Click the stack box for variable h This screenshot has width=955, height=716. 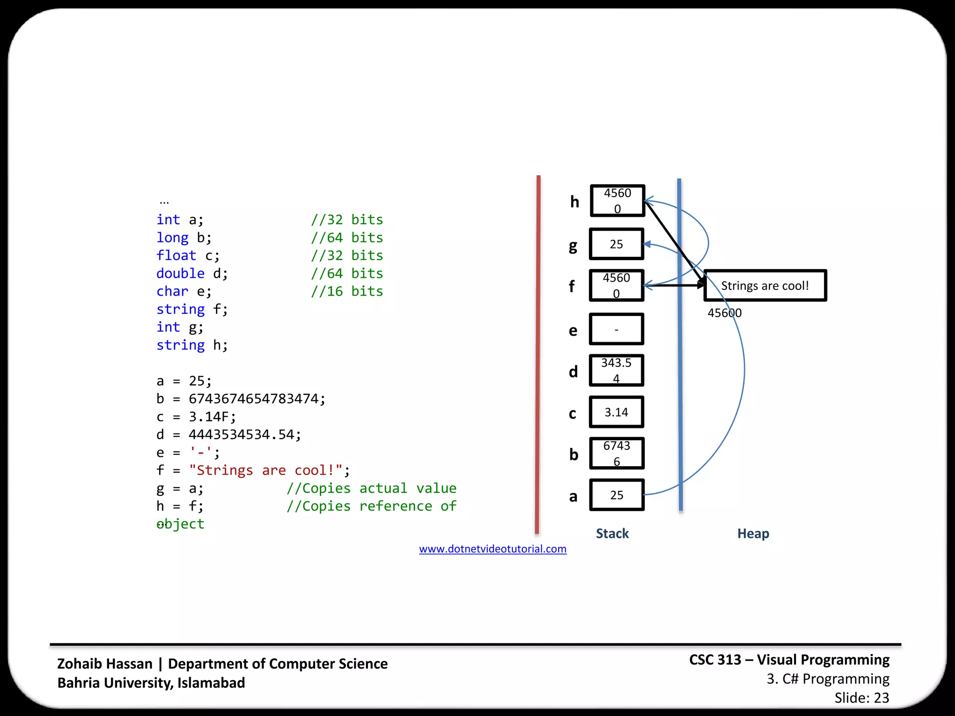[617, 201]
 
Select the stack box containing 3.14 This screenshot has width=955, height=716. [616, 412]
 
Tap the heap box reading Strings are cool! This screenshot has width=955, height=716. [765, 285]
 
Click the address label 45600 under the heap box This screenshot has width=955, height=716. [724, 313]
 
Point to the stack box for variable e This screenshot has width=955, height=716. [616, 329]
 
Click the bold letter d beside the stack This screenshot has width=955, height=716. [573, 372]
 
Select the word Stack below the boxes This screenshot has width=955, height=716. [612, 533]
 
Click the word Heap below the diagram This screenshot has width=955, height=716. [753, 533]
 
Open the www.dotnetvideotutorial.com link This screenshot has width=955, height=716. [492, 549]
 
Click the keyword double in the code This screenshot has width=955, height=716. [180, 273]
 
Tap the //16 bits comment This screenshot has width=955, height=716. [347, 291]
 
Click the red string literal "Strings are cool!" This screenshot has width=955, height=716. [266, 470]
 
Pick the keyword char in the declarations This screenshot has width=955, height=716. [172, 291]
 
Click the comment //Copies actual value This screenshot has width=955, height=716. [371, 488]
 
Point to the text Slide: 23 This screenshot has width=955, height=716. [861, 698]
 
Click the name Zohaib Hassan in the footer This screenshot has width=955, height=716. [105, 663]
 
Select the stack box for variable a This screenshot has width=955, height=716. [616, 495]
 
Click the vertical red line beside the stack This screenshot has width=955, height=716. [538, 354]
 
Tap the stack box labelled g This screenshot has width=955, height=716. [616, 244]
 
